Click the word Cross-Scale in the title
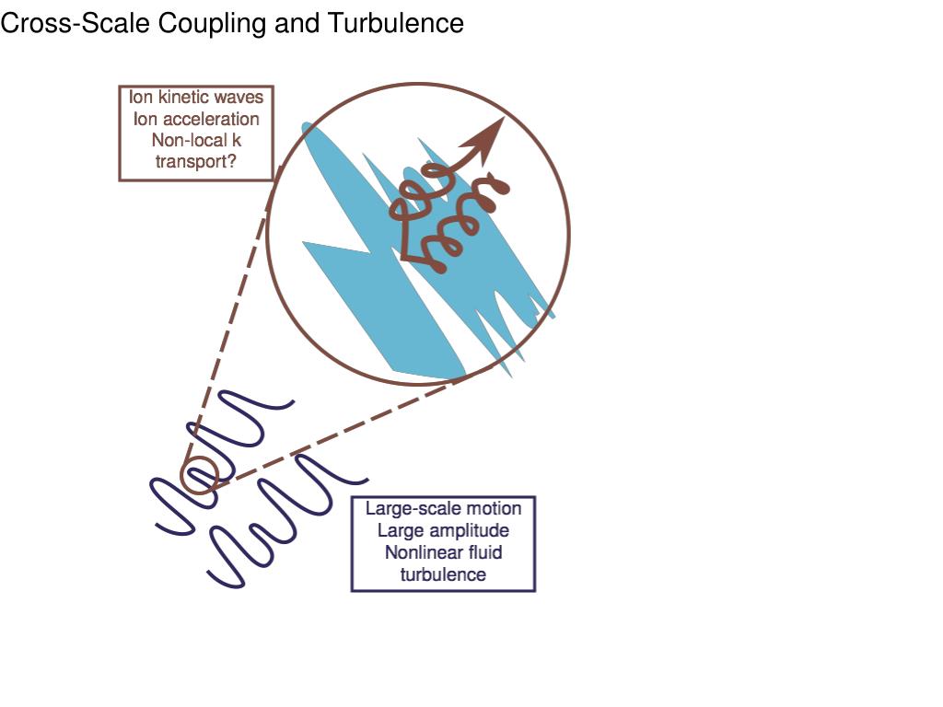[x=76, y=23]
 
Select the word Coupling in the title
[x=214, y=23]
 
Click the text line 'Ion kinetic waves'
[x=196, y=98]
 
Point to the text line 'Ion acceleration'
[x=196, y=119]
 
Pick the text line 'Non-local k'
[x=196, y=140]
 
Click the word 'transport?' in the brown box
[x=196, y=162]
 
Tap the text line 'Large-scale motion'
[x=443, y=508]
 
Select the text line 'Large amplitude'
[x=443, y=530]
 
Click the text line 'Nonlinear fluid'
[x=443, y=552]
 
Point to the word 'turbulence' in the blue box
[x=443, y=574]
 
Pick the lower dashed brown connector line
[x=341, y=431]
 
